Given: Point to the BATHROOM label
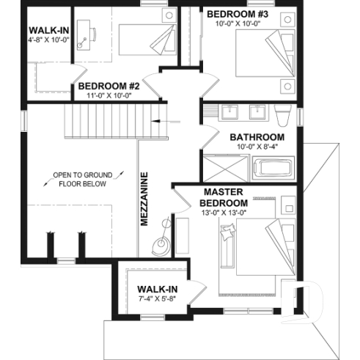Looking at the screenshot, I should [x=257, y=137].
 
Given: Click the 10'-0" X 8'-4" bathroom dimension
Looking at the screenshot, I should [x=257, y=148].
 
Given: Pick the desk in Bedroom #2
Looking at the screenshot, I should [x=82, y=34].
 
